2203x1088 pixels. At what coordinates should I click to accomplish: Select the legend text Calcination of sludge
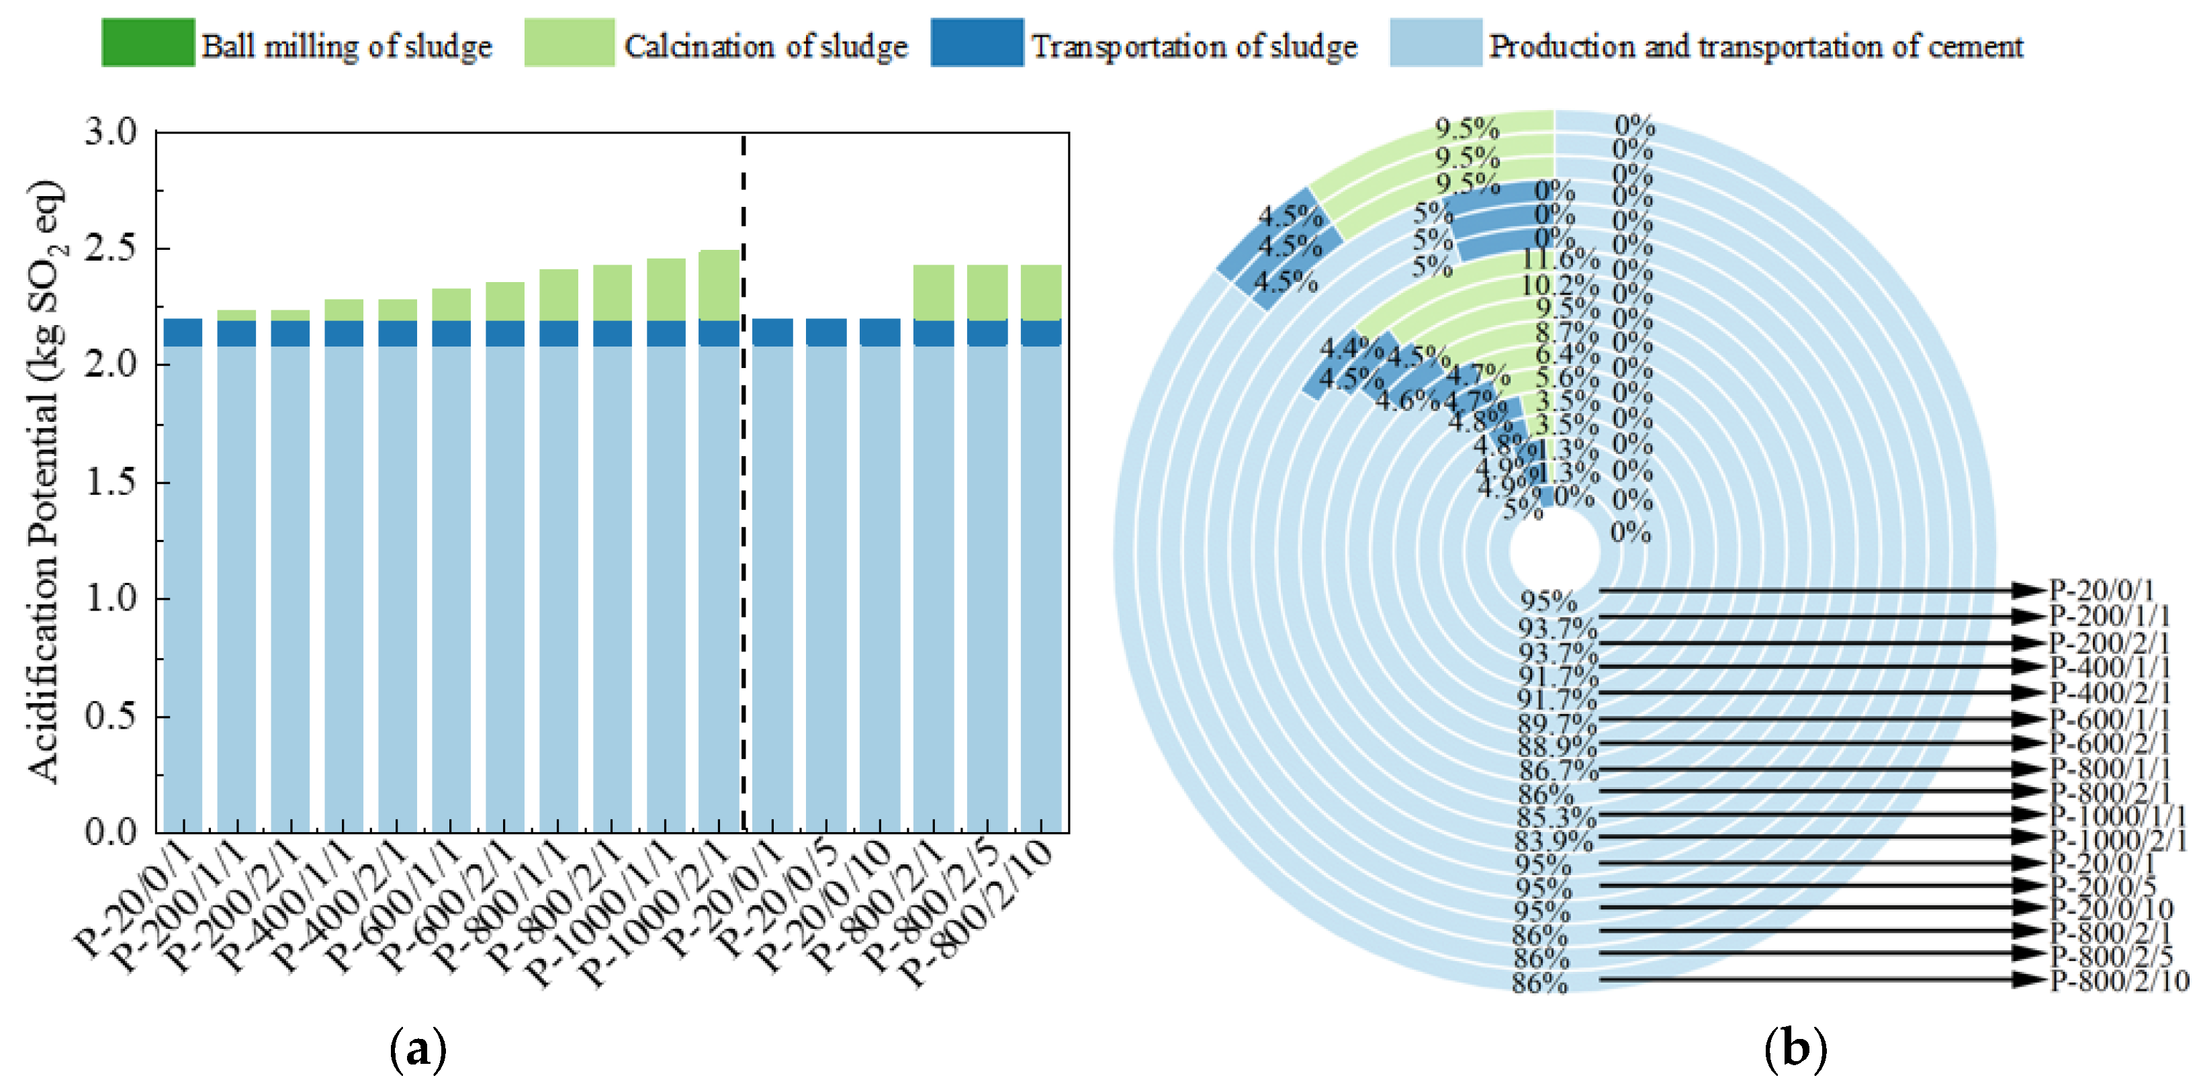(x=766, y=46)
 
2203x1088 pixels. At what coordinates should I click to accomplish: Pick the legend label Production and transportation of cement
(x=1756, y=46)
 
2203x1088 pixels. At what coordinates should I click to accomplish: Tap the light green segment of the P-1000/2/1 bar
(x=719, y=285)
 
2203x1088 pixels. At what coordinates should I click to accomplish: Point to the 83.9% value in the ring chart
(x=1554, y=840)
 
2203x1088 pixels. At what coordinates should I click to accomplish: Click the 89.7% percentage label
(x=1556, y=723)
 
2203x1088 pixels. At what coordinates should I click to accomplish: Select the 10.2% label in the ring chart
(x=1559, y=284)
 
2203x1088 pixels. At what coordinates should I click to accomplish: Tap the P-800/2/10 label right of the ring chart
(x=2119, y=981)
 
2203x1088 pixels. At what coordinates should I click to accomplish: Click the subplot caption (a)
(x=417, y=1048)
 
